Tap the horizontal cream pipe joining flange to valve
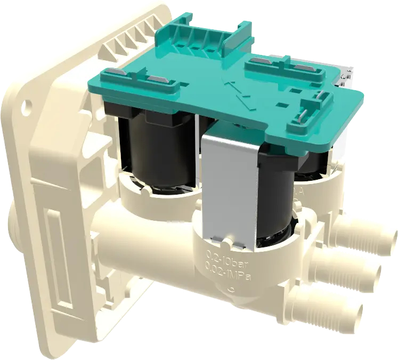pyautogui.click(x=139, y=235)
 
